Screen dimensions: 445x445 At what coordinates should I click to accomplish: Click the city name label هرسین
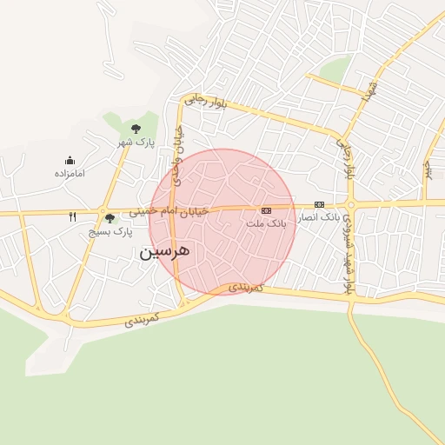tap(163, 252)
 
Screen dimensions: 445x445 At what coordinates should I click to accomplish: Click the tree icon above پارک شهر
tap(136, 129)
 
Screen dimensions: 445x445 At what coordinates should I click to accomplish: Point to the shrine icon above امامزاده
tap(70, 160)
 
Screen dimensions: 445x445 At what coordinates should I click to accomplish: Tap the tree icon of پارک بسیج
tap(110, 219)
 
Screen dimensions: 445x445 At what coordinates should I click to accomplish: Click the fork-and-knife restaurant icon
tap(73, 216)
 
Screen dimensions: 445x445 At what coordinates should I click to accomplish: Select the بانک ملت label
tap(266, 223)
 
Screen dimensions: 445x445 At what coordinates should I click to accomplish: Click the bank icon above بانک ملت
tap(266, 210)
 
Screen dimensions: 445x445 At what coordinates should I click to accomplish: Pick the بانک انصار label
tap(319, 217)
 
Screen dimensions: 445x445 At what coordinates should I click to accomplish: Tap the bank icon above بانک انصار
tap(320, 204)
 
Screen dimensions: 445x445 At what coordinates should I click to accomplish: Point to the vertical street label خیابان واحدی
tap(178, 156)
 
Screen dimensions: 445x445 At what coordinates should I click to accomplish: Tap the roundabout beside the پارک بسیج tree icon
tap(103, 210)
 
